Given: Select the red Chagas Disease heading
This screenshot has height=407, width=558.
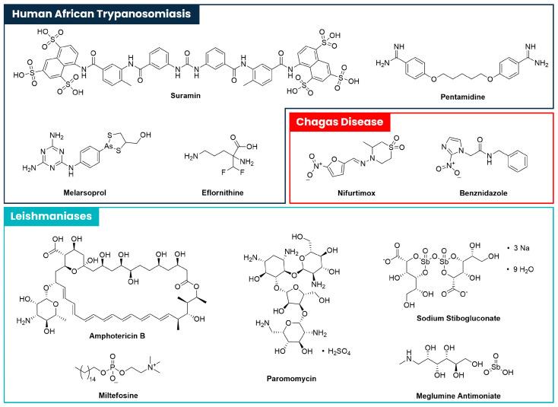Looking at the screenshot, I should coord(340,121).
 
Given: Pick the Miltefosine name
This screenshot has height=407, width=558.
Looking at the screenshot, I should coord(97,394).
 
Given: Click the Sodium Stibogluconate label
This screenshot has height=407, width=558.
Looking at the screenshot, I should coord(469,318).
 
